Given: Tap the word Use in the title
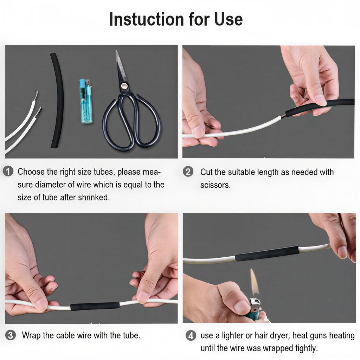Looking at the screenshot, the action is tap(229, 19).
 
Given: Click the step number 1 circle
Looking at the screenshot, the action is tap(8, 172).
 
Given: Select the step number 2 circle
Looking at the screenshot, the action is tap(188, 172).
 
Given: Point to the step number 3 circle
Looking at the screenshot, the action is tap(10, 335).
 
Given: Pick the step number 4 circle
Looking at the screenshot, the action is tap(191, 335).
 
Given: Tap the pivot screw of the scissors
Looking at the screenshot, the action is tap(124, 86).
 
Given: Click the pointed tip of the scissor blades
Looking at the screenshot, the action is tap(117, 51).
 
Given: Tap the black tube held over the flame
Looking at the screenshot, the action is tap(267, 253).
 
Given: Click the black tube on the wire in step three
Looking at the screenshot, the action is tap(95, 306).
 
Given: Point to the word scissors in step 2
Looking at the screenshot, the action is tap(215, 185).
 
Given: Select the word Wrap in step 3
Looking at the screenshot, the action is tap(31, 335).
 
